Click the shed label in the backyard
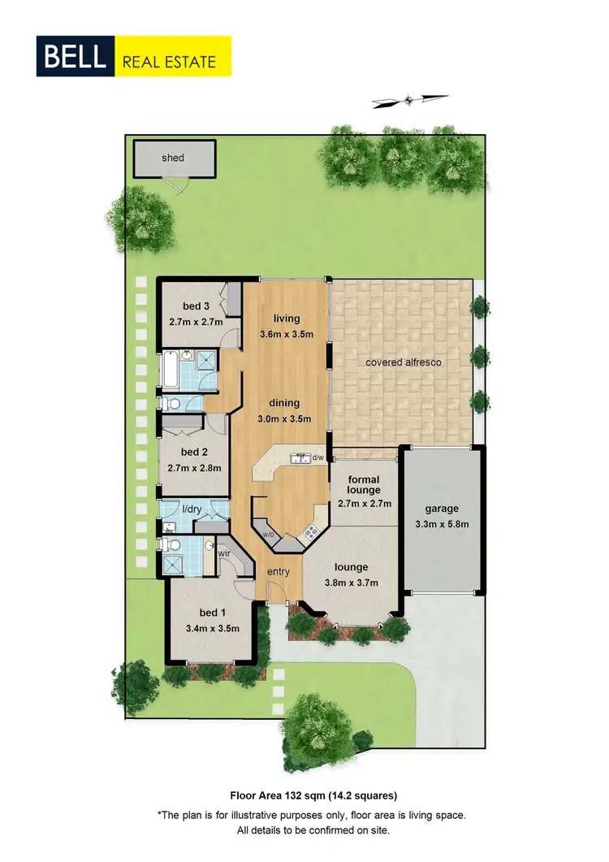point(173,158)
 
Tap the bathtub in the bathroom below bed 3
point(169,370)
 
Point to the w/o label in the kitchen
point(268,535)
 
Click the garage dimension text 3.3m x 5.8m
point(442,524)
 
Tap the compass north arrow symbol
point(409,101)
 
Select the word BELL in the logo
point(76,57)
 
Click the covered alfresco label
point(404,362)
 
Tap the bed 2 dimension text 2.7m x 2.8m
point(195,467)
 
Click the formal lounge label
point(364,485)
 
